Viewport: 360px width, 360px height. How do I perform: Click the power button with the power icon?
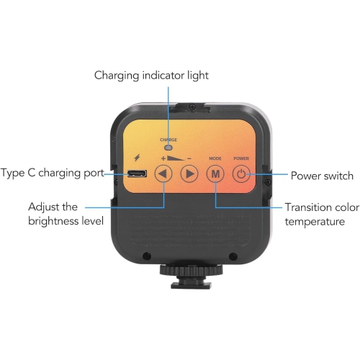pyautogui.click(x=240, y=174)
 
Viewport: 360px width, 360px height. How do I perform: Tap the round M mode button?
pyautogui.click(x=215, y=174)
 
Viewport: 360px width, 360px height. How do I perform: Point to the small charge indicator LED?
pyautogui.click(x=169, y=145)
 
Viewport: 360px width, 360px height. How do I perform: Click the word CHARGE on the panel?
pyautogui.click(x=169, y=138)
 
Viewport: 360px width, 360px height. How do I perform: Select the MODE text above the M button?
pyautogui.click(x=215, y=157)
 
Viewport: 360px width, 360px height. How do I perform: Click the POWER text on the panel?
pyautogui.click(x=240, y=157)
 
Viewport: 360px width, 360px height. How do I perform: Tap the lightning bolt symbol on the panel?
pyautogui.click(x=136, y=156)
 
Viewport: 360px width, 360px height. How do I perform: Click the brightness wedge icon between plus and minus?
pyautogui.click(x=176, y=156)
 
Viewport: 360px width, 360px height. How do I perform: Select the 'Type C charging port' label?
pyautogui.click(x=53, y=174)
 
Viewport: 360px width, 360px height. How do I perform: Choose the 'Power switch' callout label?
pyautogui.click(x=322, y=176)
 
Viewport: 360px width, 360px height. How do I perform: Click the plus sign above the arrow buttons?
pyautogui.click(x=163, y=156)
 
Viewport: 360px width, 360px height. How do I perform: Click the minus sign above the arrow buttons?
pyautogui.click(x=189, y=157)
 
